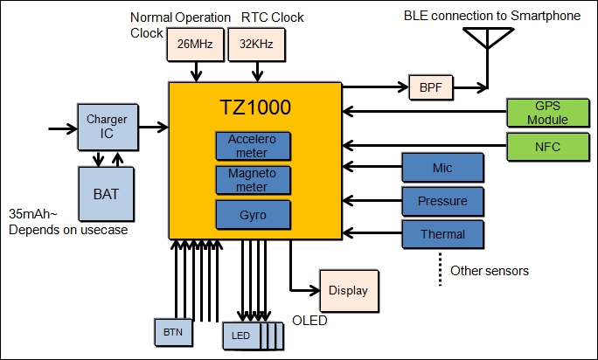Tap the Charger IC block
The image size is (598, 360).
click(108, 127)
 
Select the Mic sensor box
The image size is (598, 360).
click(442, 167)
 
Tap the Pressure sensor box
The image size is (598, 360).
click(442, 201)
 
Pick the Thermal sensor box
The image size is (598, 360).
click(442, 233)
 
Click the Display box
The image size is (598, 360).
click(349, 290)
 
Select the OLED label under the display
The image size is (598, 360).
click(310, 321)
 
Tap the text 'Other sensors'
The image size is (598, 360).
click(489, 271)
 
